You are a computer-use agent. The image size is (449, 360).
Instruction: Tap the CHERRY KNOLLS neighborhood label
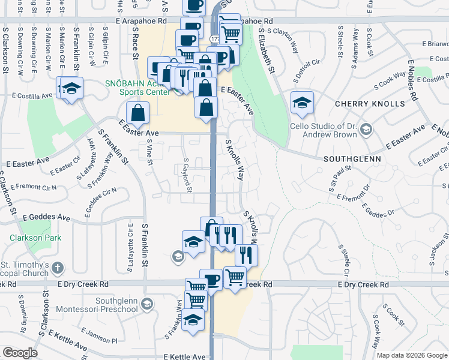coord(370,104)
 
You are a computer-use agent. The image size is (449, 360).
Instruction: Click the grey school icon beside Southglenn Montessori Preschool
coord(146,305)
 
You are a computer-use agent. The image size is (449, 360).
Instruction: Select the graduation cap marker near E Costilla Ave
coord(71,89)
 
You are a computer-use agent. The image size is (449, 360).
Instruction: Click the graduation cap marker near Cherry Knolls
coord(302,101)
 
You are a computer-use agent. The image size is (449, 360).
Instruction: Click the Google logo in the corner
coord(20,352)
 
